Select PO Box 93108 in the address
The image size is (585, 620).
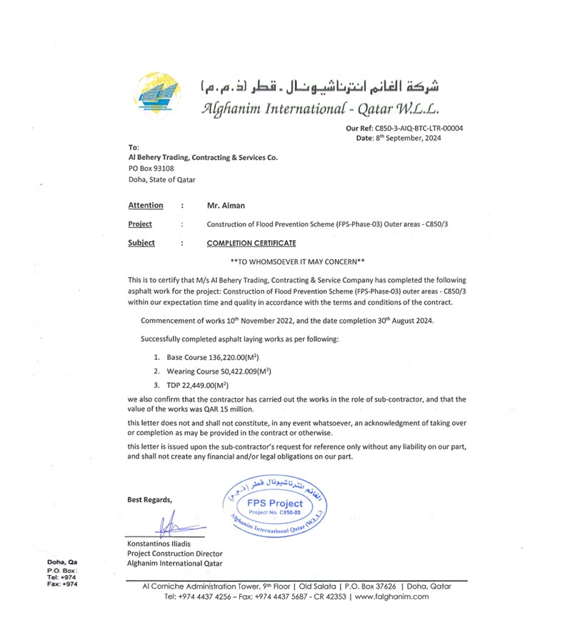click(x=151, y=168)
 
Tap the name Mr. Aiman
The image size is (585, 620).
click(x=226, y=206)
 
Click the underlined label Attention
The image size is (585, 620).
click(x=146, y=206)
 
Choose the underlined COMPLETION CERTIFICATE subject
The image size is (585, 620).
click(x=251, y=243)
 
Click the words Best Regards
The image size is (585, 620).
click(x=149, y=499)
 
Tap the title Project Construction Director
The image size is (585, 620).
click(x=174, y=554)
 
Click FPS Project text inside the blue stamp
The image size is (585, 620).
click(x=275, y=503)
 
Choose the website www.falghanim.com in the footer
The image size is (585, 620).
click(x=391, y=596)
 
